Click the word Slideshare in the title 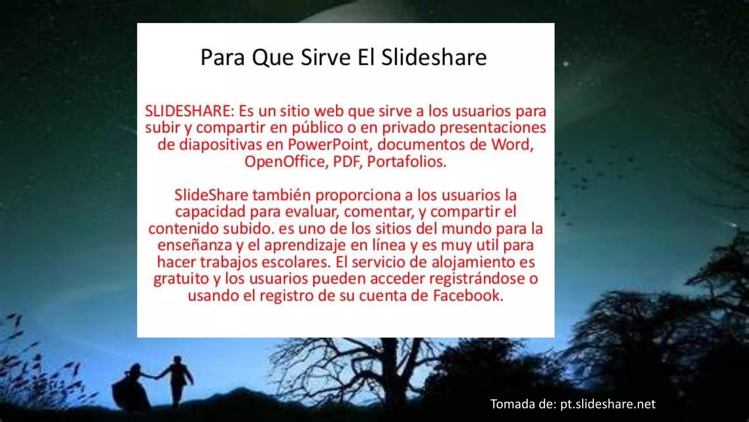click(434, 57)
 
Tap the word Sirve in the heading click(325, 57)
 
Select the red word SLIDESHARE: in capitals click(189, 111)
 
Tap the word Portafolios click(407, 162)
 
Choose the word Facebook click(468, 296)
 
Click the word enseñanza click(195, 245)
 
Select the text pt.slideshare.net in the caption click(608, 404)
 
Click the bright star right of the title click(566, 64)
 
